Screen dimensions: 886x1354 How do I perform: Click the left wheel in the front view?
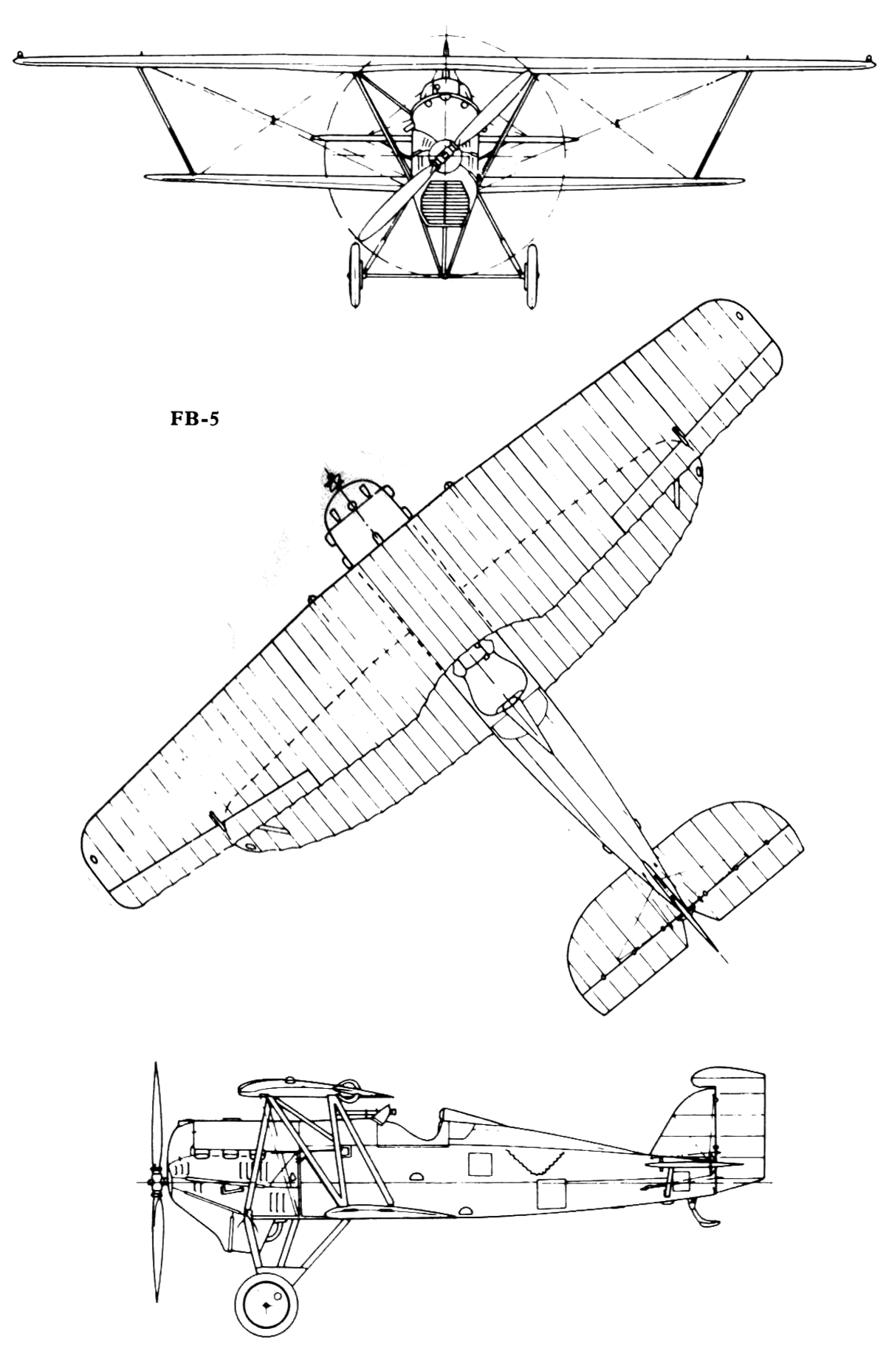click(354, 274)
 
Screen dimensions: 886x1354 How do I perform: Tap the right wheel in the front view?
click(529, 274)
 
